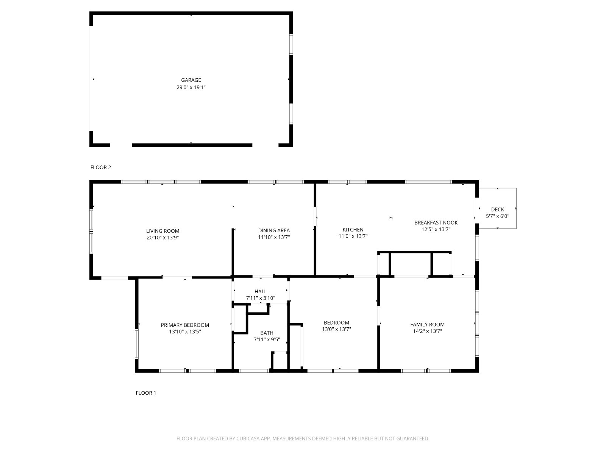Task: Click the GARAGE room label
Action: point(191,80)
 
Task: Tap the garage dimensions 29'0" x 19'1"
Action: point(191,87)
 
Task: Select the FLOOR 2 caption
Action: point(100,167)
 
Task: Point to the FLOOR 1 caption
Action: point(146,393)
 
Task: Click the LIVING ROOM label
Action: point(162,231)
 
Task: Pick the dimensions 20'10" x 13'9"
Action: point(162,237)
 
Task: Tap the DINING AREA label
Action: point(274,230)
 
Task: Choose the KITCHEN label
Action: point(353,229)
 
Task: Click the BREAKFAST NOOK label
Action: point(436,222)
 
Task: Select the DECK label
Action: point(498,209)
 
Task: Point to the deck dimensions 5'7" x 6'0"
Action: point(498,216)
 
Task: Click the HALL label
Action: point(260,291)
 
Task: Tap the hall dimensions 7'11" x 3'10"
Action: point(260,298)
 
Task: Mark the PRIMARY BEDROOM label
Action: point(185,325)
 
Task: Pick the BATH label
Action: point(267,333)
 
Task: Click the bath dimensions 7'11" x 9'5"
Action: point(267,339)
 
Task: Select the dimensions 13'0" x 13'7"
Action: point(336,329)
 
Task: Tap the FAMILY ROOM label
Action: point(427,325)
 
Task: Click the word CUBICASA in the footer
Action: point(248,438)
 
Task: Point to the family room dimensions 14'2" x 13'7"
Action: point(427,331)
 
